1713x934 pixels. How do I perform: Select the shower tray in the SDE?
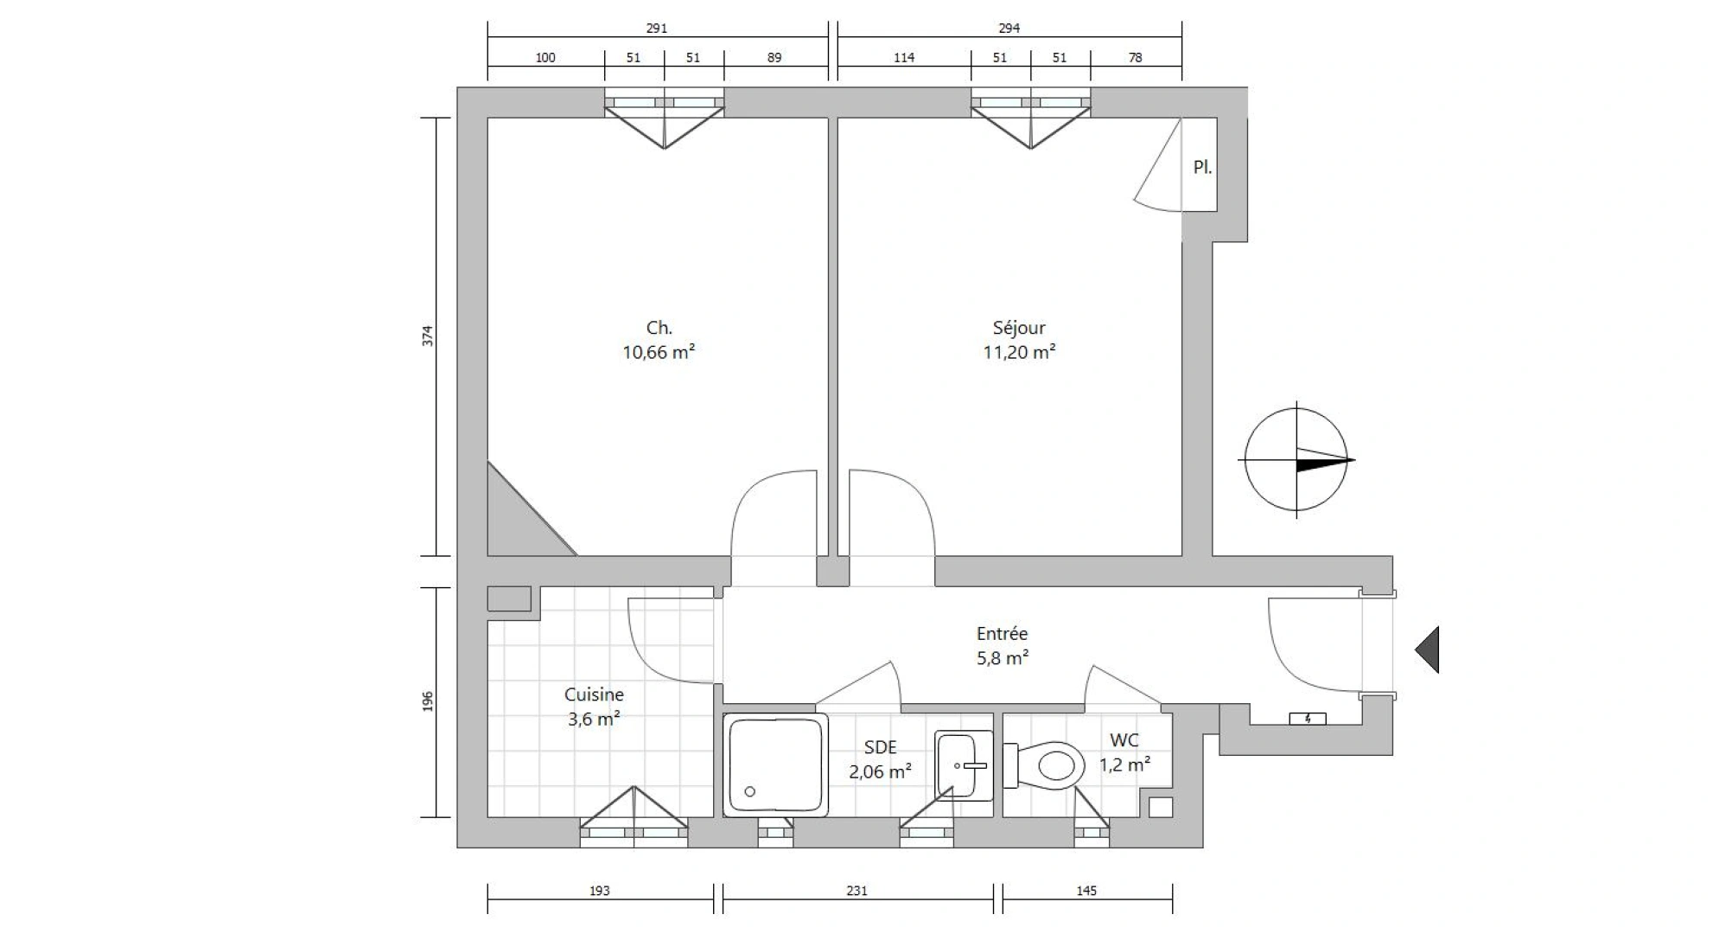775,765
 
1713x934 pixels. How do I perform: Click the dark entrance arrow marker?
1428,649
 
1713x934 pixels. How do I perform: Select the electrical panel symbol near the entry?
1308,719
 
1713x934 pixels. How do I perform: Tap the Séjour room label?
1019,328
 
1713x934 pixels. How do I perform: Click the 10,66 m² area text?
659,352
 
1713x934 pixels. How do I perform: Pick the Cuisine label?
594,694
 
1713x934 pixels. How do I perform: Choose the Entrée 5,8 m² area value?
1003,658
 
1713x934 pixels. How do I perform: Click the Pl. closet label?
1202,168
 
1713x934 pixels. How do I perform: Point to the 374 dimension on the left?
428,336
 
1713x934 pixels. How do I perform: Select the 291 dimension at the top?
657,29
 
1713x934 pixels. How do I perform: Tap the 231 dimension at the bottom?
856,891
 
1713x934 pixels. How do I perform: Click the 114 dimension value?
904,58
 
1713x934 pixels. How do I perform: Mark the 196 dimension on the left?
428,701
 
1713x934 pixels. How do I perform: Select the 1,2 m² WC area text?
1124,765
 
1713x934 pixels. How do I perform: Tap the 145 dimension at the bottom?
1086,891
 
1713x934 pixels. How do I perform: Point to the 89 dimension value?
774,58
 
